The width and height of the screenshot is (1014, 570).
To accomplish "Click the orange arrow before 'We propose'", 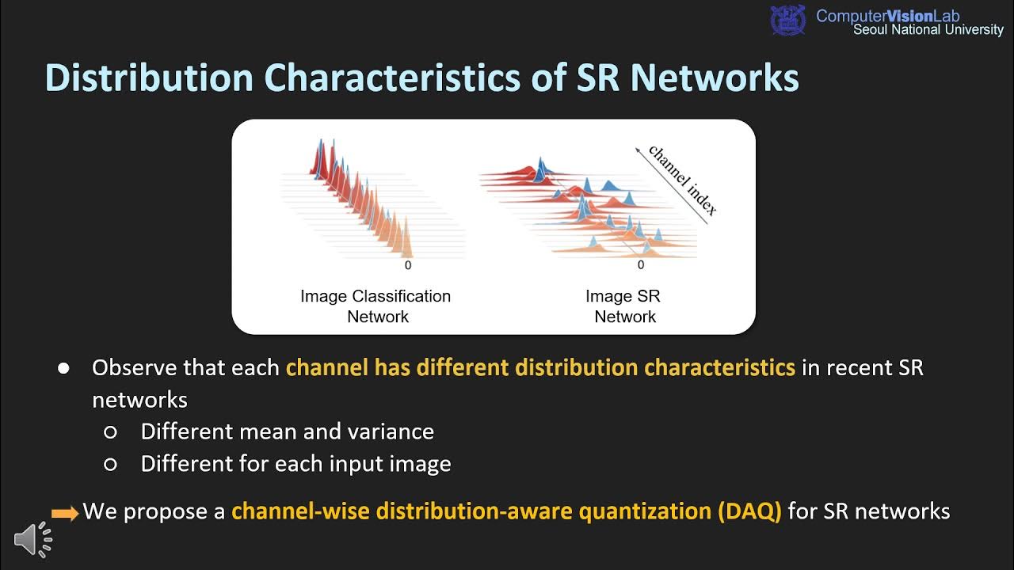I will click(65, 514).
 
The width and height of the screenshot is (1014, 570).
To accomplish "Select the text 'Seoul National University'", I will click(928, 30).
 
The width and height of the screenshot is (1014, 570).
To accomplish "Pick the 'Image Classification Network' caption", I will click(375, 306).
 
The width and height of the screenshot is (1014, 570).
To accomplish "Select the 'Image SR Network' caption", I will click(623, 306).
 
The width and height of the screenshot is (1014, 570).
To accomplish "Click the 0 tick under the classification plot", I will click(408, 266).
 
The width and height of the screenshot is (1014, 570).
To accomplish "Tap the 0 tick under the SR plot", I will click(641, 266).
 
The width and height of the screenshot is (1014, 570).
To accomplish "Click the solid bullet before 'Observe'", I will click(63, 369).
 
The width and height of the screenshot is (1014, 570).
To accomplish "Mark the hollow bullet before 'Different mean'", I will click(111, 432).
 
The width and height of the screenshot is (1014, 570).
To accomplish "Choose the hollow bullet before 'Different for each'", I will click(111, 465).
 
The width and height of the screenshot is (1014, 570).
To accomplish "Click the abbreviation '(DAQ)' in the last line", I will click(749, 511).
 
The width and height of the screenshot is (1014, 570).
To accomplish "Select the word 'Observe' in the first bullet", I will click(135, 368).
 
